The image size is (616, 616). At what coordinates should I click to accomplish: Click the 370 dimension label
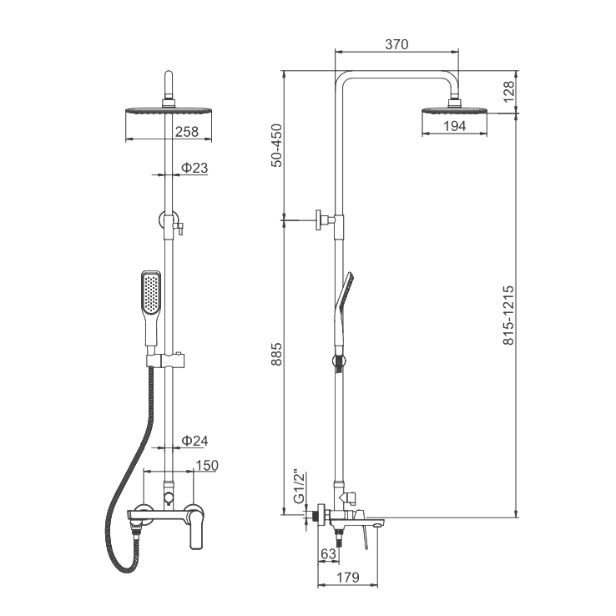coord(396,44)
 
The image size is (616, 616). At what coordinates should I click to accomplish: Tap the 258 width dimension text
coord(187,132)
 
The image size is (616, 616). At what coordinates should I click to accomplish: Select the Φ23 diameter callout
coord(194,168)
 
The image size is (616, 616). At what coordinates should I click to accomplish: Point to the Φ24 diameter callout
coord(194,441)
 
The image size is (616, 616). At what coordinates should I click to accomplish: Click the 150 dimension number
coord(207,465)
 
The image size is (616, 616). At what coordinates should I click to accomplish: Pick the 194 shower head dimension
coord(455,126)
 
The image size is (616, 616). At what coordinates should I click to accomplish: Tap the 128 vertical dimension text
coord(508,92)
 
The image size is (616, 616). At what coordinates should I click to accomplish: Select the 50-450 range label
coord(277,145)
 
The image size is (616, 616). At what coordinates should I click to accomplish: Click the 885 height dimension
coord(277,354)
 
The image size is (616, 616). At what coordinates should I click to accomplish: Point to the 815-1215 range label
coord(508,316)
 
